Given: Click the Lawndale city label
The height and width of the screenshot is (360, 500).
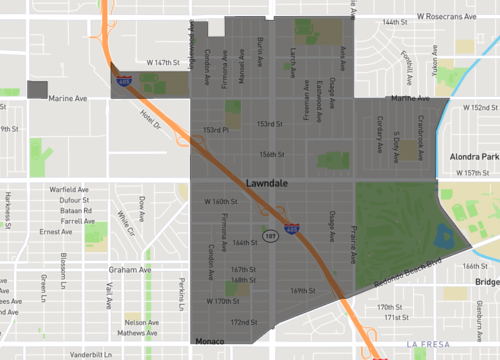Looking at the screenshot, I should point(273,184).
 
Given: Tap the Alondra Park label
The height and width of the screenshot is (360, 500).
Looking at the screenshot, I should point(474,157).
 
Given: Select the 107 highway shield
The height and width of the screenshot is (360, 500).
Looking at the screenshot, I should point(270,235).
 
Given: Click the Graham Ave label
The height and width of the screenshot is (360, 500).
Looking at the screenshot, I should point(130,269).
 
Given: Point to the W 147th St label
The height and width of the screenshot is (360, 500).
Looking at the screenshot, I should point(166,61).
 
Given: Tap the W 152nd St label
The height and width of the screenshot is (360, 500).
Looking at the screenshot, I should point(478,107).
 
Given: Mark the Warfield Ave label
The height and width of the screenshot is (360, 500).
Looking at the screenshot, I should point(70,189).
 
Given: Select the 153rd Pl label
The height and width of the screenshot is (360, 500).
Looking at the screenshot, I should point(216,130).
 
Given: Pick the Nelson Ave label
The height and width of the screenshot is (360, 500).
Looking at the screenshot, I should point(141,322).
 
